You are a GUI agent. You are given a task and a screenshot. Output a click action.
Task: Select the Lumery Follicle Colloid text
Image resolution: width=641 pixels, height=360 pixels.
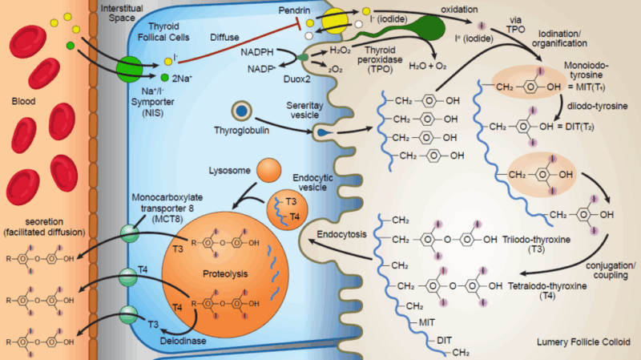click(579, 344)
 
